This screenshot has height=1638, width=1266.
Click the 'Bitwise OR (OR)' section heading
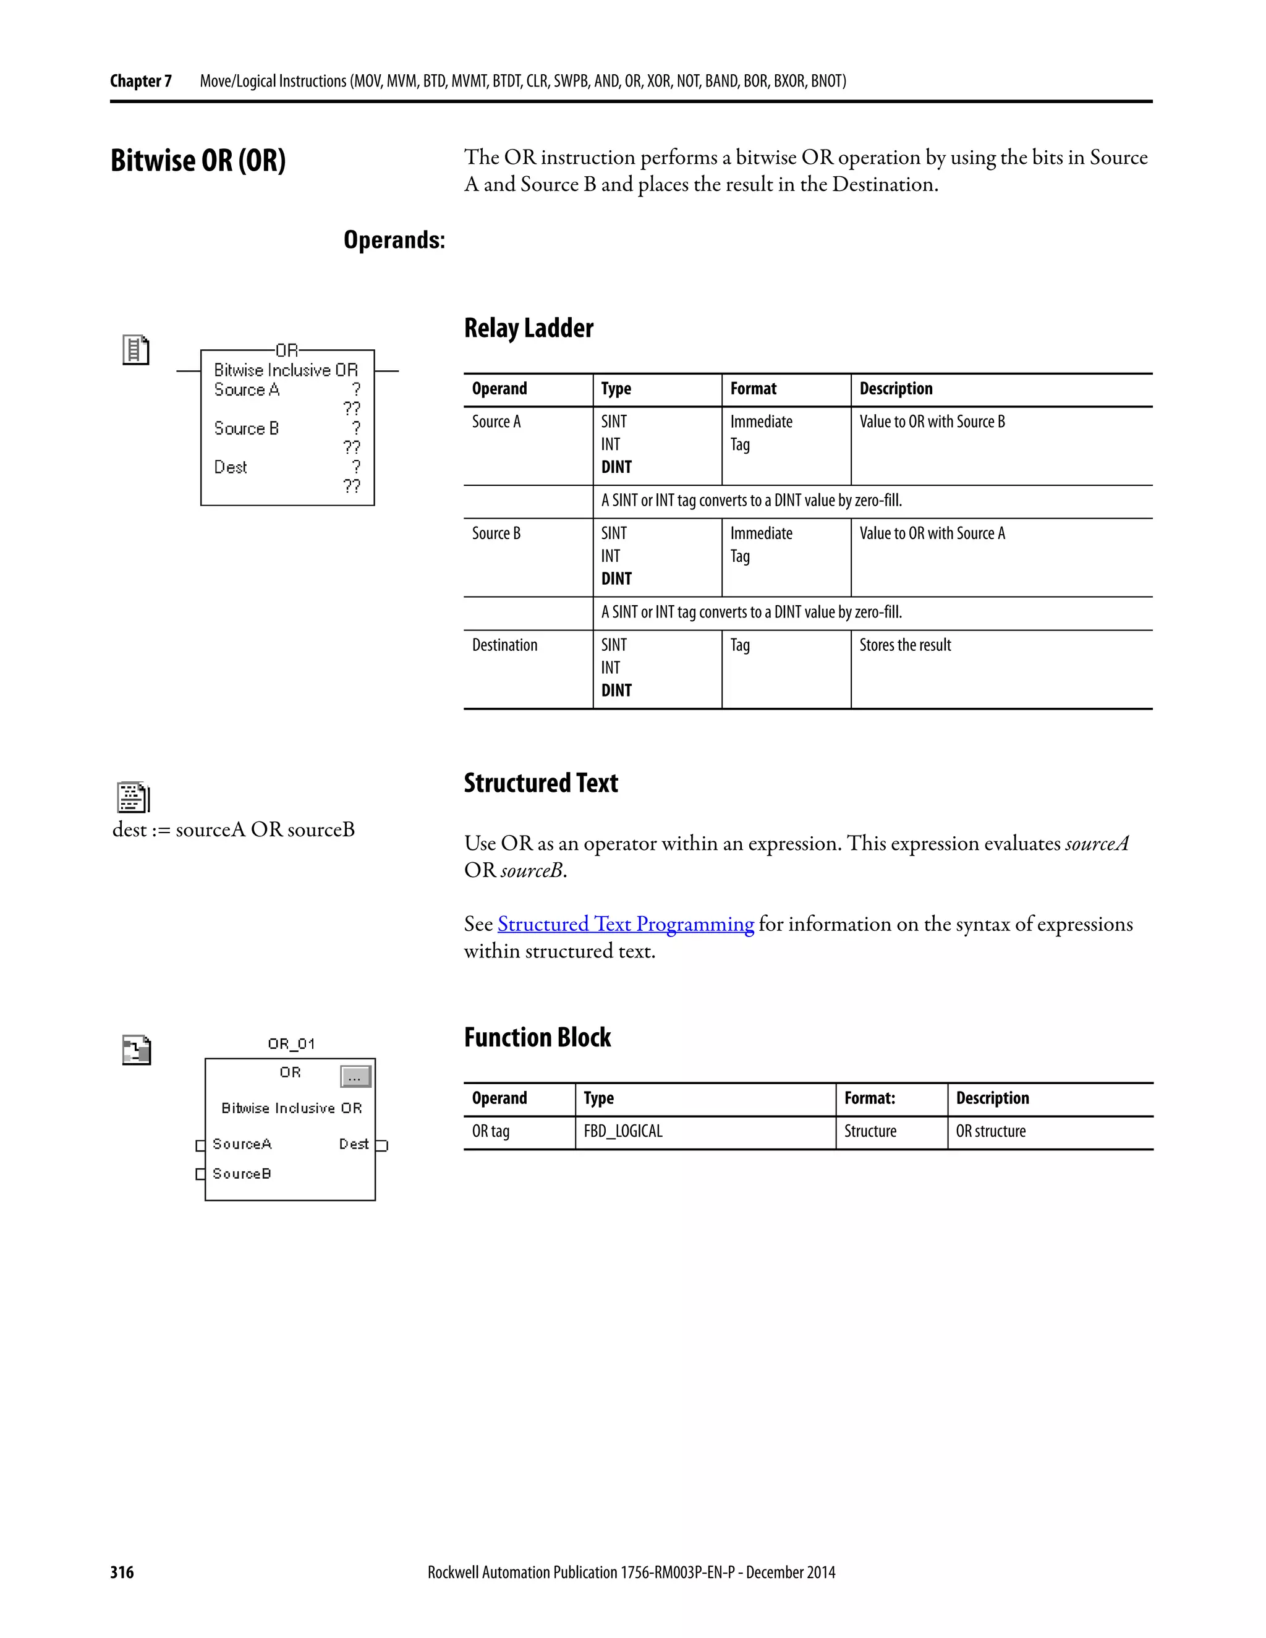click(198, 161)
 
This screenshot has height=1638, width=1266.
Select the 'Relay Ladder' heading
click(529, 328)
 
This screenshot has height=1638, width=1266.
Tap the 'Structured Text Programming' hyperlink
click(626, 924)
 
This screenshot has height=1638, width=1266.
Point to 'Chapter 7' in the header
click(141, 81)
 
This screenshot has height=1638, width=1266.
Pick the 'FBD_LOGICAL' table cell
click(623, 1131)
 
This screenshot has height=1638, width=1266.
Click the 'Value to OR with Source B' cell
click(932, 422)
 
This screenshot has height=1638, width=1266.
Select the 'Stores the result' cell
click(905, 645)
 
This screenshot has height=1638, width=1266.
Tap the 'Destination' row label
click(505, 645)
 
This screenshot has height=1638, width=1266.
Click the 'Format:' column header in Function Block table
click(870, 1098)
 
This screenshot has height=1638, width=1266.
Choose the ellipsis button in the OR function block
click(355, 1077)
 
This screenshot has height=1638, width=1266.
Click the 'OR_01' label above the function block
click(292, 1043)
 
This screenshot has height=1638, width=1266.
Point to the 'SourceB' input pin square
click(200, 1174)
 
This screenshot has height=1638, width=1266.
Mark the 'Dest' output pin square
click(382, 1145)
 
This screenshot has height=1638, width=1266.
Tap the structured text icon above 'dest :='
click(134, 797)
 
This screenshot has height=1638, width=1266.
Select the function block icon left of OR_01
click(137, 1050)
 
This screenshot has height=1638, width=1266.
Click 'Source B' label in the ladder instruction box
click(247, 428)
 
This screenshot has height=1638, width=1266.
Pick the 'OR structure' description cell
click(991, 1131)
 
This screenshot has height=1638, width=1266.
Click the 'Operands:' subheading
click(394, 240)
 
